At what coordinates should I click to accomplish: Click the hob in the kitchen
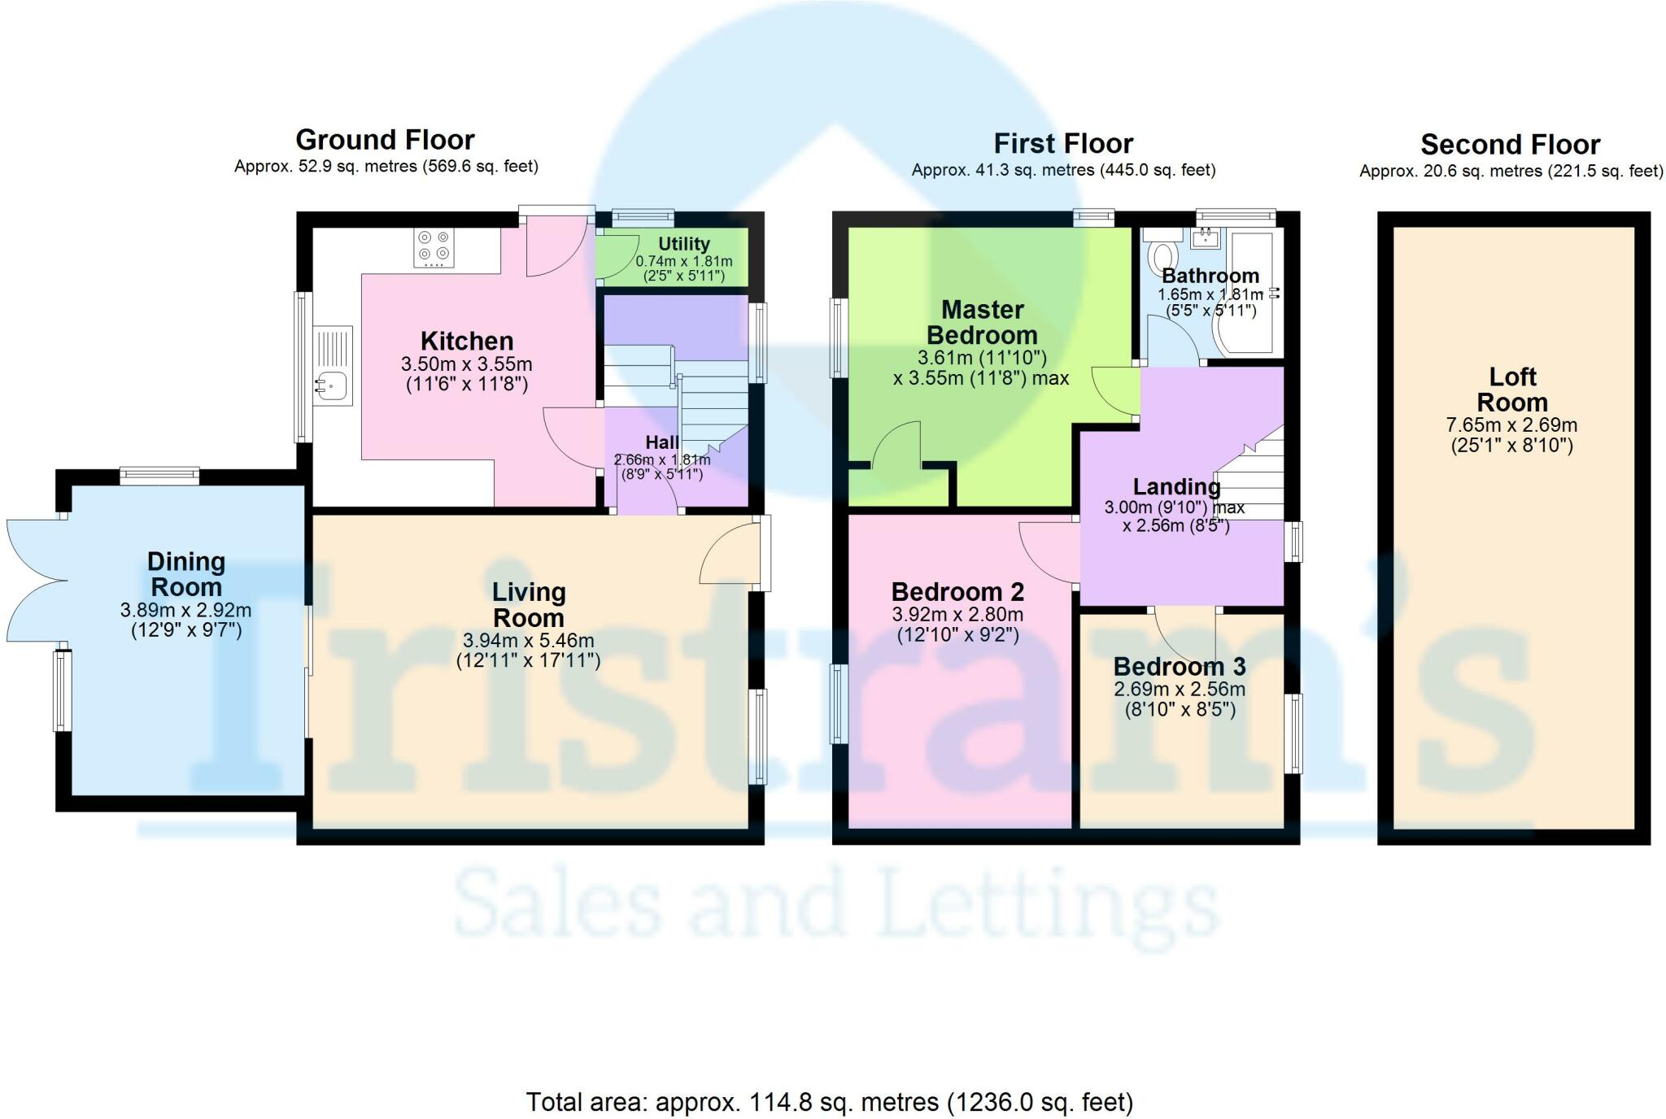tap(434, 248)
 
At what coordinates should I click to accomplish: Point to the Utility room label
tap(684, 244)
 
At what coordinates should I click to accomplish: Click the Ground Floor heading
tap(385, 140)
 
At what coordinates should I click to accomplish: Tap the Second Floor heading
tap(1511, 145)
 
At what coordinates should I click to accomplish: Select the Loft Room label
tap(1512, 390)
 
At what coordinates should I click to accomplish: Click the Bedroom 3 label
tap(1180, 667)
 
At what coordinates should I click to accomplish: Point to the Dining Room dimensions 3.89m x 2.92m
tap(186, 610)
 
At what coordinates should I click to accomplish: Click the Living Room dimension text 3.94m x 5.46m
tap(529, 641)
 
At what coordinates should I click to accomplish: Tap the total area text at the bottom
tap(830, 1103)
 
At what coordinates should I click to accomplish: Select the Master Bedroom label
tap(983, 322)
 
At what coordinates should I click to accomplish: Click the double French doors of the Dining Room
tap(37, 581)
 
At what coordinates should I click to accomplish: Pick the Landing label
tap(1176, 487)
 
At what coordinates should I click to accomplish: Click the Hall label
tap(662, 442)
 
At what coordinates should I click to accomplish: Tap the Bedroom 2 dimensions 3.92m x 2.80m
tap(958, 615)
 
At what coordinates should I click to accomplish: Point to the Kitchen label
tap(467, 341)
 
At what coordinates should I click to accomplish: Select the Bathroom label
tap(1210, 276)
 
